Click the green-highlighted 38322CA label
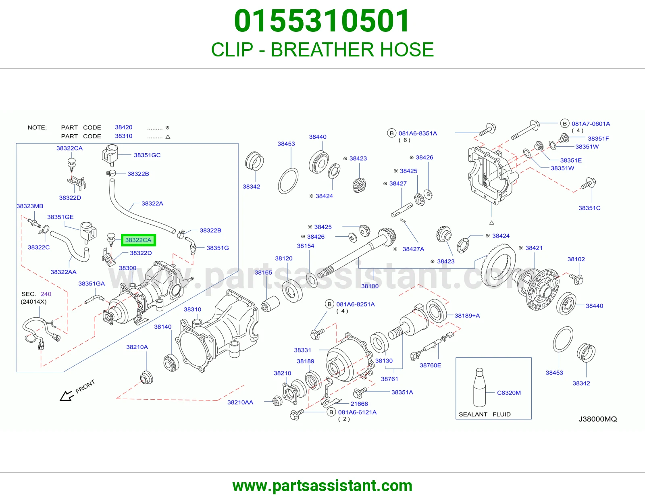(x=138, y=240)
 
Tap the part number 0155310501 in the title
(x=322, y=21)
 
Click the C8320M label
(x=509, y=392)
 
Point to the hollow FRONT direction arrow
(x=67, y=396)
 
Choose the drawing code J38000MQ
(x=597, y=419)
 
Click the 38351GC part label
(x=147, y=155)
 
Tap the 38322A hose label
(x=152, y=203)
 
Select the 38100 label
(x=370, y=286)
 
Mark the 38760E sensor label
(x=431, y=365)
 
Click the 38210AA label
(x=240, y=402)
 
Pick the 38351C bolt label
(x=589, y=208)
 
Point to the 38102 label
(x=576, y=259)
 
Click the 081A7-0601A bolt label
(x=591, y=124)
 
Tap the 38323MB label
(x=30, y=206)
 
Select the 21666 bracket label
(x=359, y=404)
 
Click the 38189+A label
(x=467, y=316)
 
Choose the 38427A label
(x=413, y=249)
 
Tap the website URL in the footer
(x=322, y=486)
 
